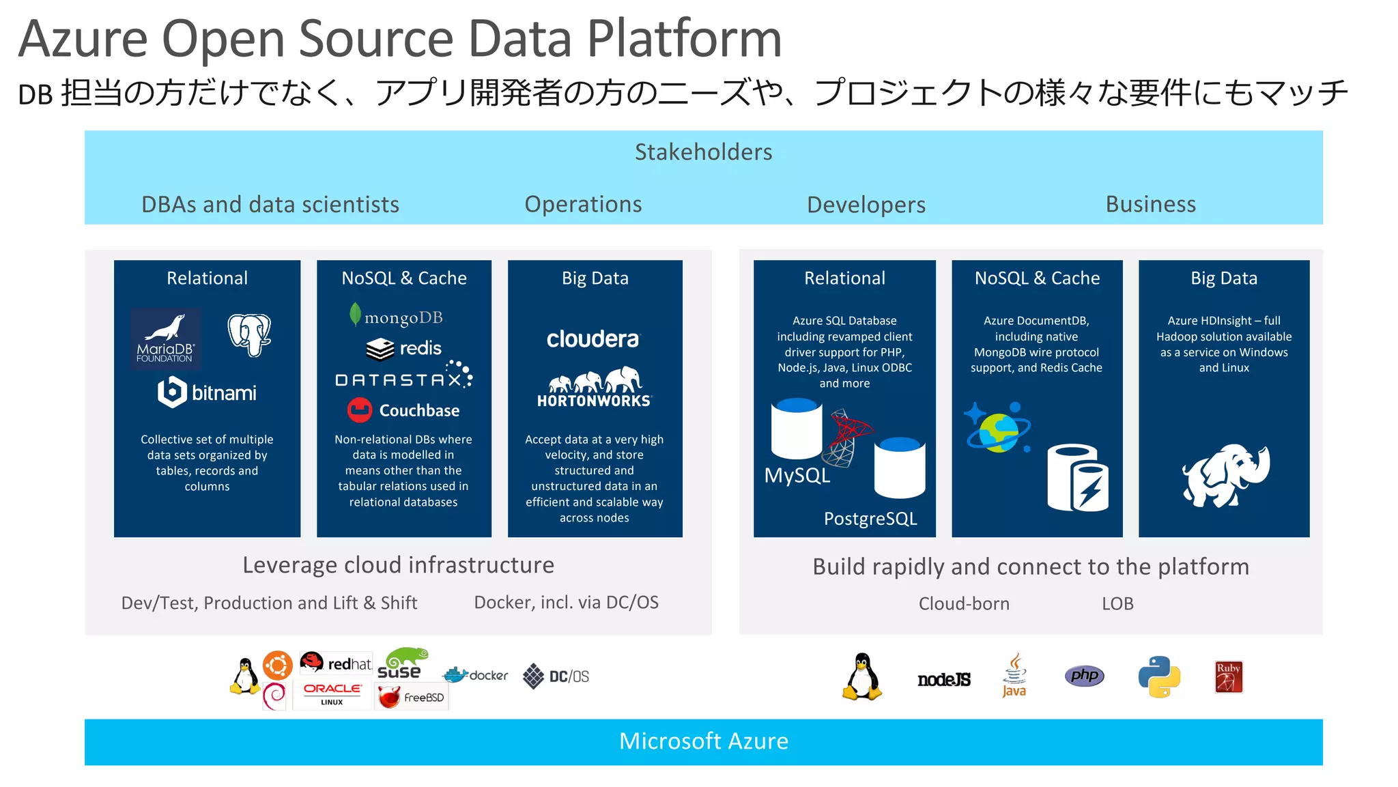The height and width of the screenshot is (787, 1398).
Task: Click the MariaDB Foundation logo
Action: click(166, 339)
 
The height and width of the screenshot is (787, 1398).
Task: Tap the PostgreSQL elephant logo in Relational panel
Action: click(249, 334)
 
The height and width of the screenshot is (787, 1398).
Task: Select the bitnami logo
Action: click(207, 392)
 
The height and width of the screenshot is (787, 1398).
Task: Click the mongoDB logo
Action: click(396, 317)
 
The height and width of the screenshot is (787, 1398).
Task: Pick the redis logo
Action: click(403, 349)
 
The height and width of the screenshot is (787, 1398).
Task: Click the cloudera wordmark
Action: click(593, 339)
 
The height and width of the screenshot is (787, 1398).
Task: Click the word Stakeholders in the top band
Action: click(703, 152)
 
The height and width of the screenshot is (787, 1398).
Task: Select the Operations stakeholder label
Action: click(583, 204)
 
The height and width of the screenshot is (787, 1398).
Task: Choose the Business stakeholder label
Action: click(1150, 204)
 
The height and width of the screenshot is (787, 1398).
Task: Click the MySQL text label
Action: click(797, 475)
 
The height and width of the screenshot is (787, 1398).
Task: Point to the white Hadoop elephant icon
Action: click(1225, 476)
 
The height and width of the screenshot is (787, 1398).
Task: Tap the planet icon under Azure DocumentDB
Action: click(997, 429)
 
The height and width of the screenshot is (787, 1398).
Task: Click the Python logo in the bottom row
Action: click(1159, 676)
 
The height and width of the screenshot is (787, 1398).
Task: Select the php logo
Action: click(1084, 676)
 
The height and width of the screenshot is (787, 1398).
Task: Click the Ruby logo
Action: click(1228, 676)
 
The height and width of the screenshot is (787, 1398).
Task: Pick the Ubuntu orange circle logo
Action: click(278, 665)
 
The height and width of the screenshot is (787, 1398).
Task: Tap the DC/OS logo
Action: click(556, 676)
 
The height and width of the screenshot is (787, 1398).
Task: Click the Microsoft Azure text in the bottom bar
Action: click(703, 741)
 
